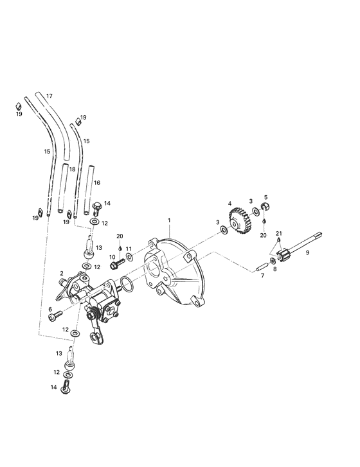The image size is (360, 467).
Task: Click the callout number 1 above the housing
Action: click(x=169, y=220)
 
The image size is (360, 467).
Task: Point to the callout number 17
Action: click(x=48, y=96)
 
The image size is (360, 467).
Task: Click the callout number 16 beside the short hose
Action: click(x=97, y=182)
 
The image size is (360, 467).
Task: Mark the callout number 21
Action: click(x=278, y=233)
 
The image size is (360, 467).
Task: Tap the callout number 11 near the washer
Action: click(x=129, y=248)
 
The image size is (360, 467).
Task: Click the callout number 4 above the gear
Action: click(x=229, y=204)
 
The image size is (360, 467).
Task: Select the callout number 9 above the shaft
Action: click(x=307, y=254)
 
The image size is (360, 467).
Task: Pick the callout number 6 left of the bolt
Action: click(x=50, y=309)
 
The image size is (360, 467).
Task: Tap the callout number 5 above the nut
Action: click(x=265, y=197)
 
